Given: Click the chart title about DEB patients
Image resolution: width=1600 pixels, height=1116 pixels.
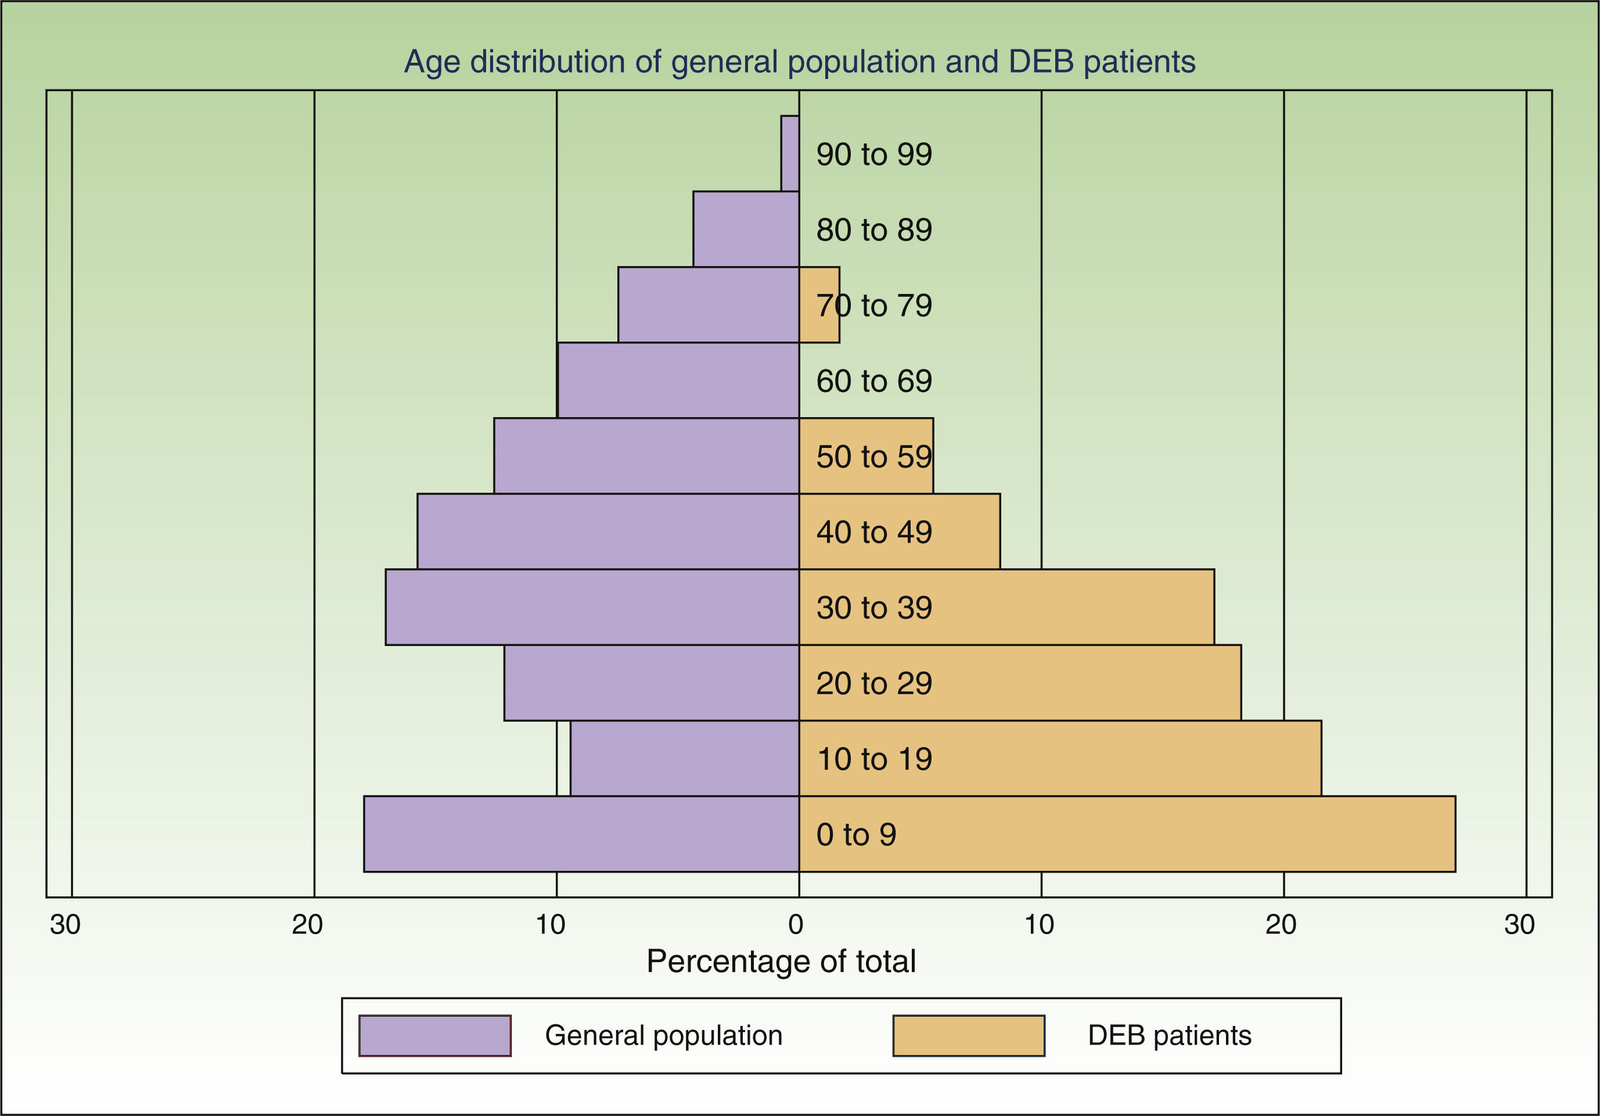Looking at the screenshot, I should (799, 62).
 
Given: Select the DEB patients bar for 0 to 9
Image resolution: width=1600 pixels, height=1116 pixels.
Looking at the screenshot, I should (1185, 834).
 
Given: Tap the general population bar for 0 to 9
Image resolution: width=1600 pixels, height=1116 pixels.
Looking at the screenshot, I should (581, 834).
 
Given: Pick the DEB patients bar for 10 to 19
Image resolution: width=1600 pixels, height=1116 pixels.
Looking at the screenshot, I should (1115, 758).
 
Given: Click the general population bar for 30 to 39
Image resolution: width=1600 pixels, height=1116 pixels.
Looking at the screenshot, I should (592, 607).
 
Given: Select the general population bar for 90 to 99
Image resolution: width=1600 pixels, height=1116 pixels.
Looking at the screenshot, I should (790, 153).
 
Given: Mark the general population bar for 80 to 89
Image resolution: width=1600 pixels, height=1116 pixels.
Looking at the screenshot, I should (746, 229).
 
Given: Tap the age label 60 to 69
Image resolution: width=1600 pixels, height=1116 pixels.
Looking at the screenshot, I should (874, 381).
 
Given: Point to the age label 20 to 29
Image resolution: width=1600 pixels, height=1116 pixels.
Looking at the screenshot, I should (874, 683).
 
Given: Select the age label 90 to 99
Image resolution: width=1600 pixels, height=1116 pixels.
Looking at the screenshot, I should (874, 154).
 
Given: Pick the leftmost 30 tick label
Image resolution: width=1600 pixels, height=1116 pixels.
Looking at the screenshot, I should (65, 925).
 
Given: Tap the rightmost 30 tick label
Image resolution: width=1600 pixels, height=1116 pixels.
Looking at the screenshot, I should (1519, 925).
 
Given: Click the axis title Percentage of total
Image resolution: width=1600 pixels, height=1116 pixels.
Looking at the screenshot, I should (781, 962).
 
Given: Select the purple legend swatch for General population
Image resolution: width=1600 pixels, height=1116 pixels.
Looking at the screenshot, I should (435, 1036).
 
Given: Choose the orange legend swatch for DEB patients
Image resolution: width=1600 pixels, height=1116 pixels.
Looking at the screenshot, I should (969, 1036).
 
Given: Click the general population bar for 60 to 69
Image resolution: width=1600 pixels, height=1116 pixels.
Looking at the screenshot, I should (678, 381).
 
